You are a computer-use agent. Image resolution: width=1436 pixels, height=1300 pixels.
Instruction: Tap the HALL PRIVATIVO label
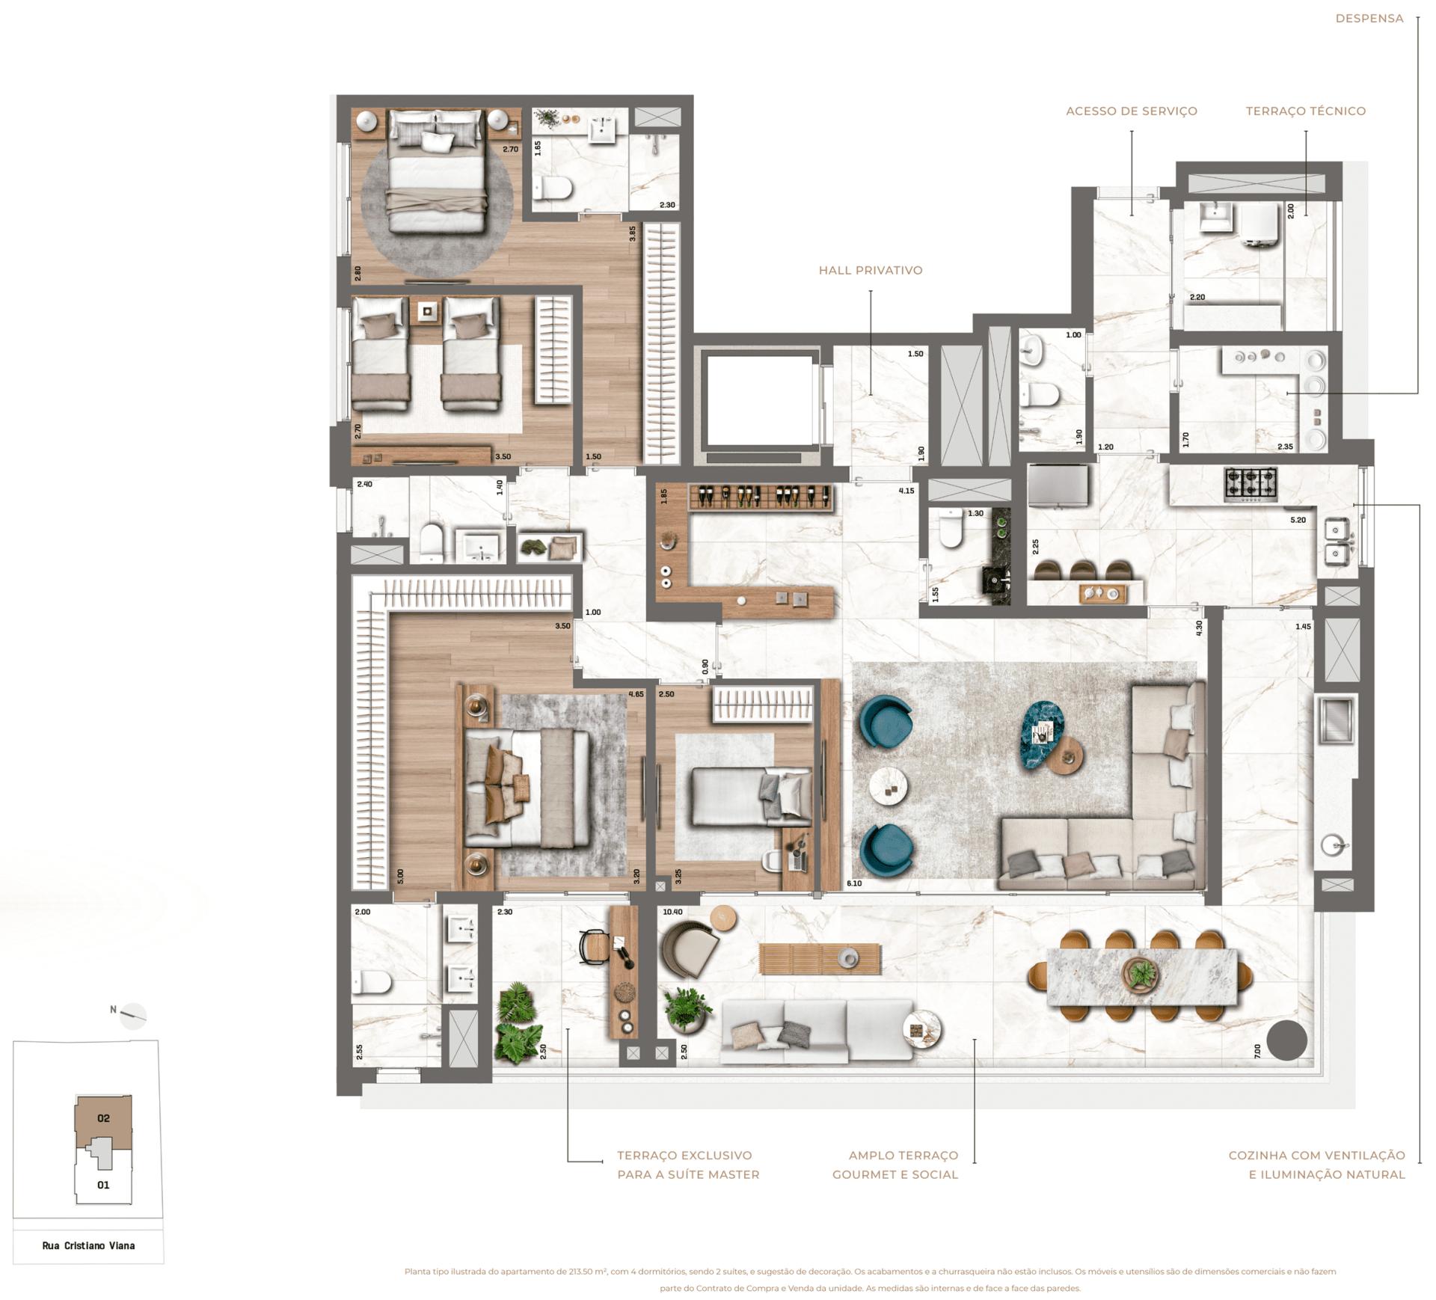tap(870, 270)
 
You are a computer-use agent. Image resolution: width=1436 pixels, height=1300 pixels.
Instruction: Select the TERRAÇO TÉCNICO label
tap(1305, 111)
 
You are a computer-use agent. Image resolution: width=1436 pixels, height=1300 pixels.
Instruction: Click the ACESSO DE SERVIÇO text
tap(1131, 111)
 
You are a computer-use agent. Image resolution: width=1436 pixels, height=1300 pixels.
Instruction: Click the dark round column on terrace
tap(1286, 1040)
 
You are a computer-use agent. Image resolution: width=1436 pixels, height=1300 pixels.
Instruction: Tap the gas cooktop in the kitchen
tap(1251, 484)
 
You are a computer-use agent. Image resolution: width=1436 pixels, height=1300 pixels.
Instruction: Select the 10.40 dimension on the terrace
tap(672, 912)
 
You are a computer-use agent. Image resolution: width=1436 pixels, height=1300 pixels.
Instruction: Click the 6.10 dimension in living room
tap(854, 883)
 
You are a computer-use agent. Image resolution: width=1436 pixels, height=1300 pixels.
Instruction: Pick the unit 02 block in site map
tap(105, 1118)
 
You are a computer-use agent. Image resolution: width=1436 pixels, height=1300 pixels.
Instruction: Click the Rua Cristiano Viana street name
tap(88, 1245)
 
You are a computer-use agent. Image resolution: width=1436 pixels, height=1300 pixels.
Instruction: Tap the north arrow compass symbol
tap(132, 1014)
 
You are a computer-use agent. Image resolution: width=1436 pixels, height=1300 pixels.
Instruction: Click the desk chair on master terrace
tap(594, 947)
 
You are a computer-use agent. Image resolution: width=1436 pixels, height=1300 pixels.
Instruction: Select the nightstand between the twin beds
tap(427, 311)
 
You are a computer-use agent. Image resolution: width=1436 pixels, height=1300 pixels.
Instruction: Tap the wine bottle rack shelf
tap(761, 497)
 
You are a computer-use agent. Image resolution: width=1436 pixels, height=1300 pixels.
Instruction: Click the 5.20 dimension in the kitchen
tap(1298, 520)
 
